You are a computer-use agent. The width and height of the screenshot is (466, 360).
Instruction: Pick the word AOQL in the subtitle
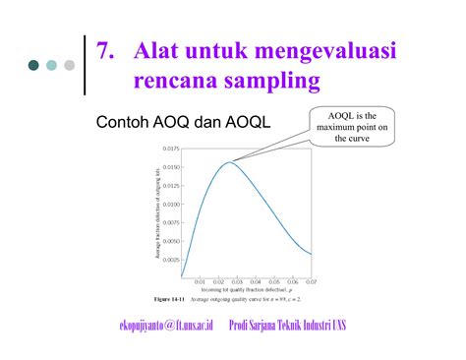(247, 126)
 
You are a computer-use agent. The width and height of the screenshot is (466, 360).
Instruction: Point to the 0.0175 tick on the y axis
(168, 149)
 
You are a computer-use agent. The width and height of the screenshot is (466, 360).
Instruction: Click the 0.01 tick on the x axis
(201, 282)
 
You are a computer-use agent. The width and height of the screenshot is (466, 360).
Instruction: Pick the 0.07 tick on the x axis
(312, 282)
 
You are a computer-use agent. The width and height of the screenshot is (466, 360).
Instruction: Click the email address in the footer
(166, 326)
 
